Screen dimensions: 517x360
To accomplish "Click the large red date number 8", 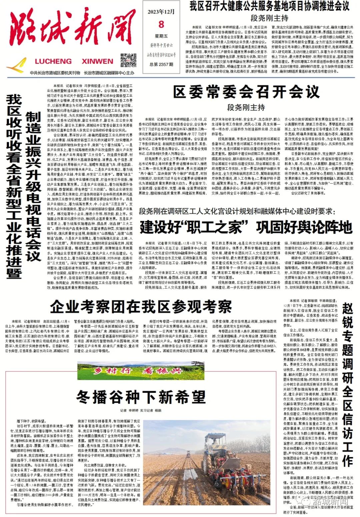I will coord(161,24).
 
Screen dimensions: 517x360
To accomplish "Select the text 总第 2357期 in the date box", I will coord(161,64).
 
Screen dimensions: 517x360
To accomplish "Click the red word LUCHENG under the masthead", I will coord(53,61).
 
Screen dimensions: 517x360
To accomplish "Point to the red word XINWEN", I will coord(97,61).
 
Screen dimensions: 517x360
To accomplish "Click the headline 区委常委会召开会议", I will coord(246,91).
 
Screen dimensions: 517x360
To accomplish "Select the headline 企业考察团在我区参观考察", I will coord(141,306).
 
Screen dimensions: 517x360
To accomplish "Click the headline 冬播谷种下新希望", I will coord(141,397).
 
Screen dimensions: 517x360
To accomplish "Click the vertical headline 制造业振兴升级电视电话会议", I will coord(33,187).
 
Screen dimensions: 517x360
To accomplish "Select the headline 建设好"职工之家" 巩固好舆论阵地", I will coord(246,227).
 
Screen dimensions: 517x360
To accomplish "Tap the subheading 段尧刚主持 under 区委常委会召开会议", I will coord(246,107).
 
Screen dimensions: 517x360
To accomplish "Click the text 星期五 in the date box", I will coord(161,36).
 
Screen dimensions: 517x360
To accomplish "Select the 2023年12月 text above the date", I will coord(161,12).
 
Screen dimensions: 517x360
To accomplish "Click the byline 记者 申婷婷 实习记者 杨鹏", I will coord(141,410).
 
